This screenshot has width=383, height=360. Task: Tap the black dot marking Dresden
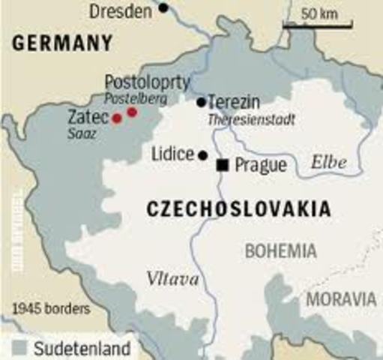[163, 9]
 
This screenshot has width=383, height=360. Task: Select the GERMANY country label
[61, 43]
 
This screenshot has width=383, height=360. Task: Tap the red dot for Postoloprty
[132, 112]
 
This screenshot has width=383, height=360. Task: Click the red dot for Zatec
[117, 118]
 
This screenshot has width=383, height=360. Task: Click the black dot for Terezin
[201, 102]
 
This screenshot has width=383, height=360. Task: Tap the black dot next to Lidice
[202, 155]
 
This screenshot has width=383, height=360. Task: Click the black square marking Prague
[222, 164]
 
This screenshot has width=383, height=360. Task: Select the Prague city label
[260, 165]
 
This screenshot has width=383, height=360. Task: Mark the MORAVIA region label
[341, 299]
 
